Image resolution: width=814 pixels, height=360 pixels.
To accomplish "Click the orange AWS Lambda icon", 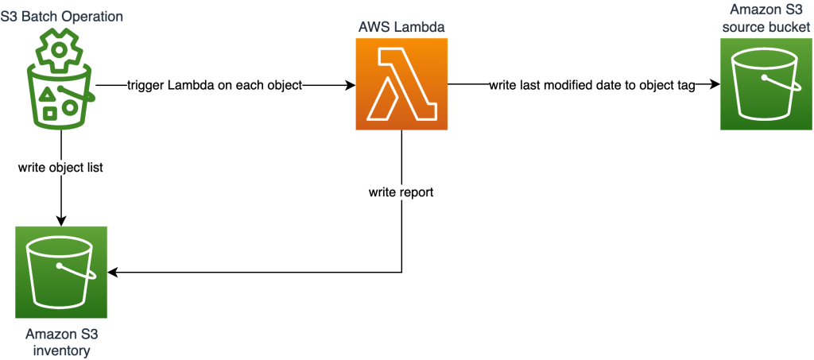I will coord(401,83).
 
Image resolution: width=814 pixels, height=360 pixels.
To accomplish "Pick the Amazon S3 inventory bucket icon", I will coord(61,273).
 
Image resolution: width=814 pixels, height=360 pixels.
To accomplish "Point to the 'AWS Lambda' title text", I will coord(401,26).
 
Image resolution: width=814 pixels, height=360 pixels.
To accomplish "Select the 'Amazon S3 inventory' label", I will coord(62,340).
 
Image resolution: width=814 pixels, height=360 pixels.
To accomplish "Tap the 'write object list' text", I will coord(61,168).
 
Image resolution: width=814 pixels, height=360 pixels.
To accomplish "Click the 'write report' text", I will coord(401,192).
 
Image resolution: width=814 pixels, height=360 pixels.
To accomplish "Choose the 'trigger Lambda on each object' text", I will coord(215,84).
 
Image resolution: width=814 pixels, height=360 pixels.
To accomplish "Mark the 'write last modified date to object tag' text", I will coord(592,84).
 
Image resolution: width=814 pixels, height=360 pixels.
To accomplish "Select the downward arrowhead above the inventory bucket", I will coord(61,220).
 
